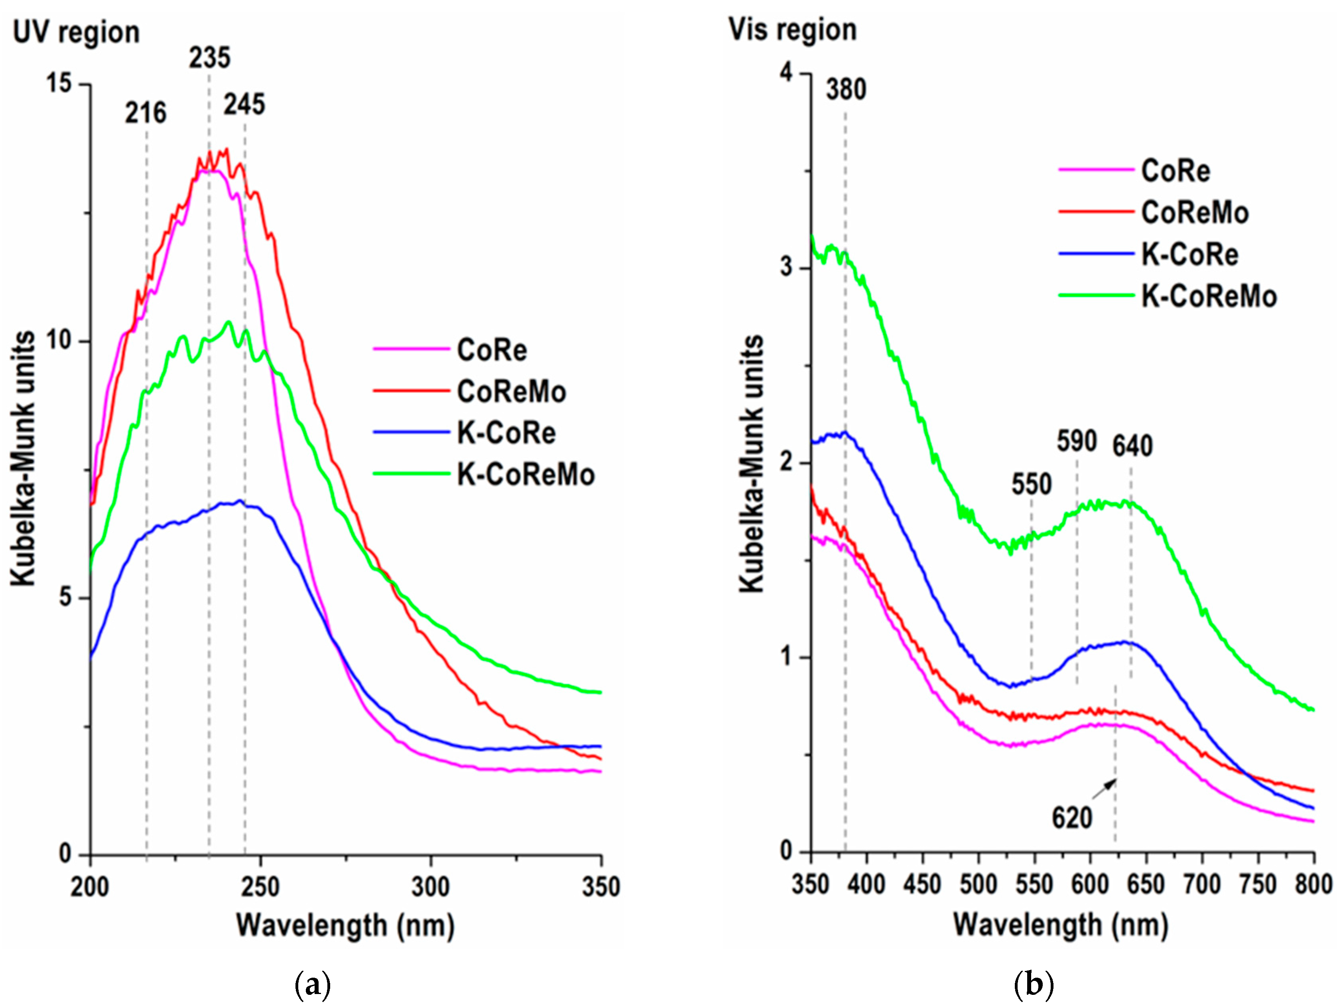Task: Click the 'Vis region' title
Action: [792, 30]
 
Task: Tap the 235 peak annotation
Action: [210, 58]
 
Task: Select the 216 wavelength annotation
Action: [146, 113]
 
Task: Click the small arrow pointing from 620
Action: [1105, 789]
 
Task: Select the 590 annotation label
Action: [1077, 442]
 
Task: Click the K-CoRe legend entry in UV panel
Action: [506, 433]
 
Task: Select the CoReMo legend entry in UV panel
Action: [511, 392]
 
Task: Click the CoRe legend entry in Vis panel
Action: [1175, 171]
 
